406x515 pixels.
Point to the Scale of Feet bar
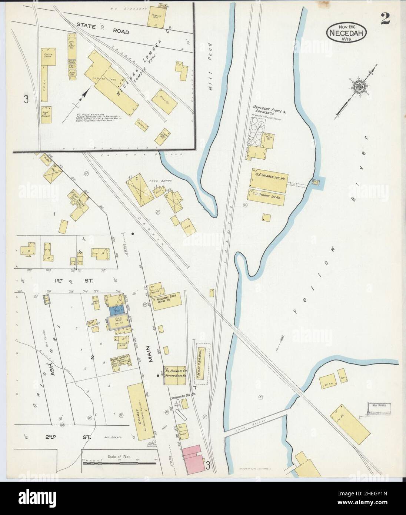[x=119, y=462]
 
